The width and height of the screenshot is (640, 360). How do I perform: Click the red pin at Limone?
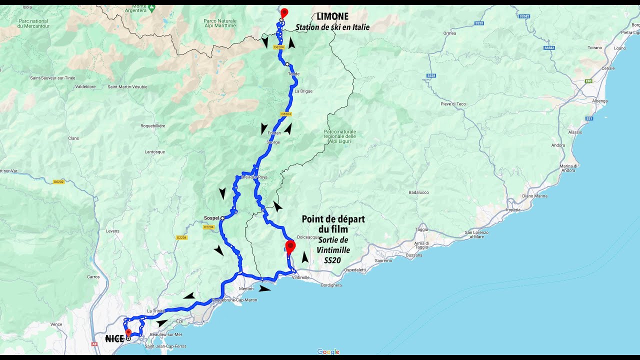(x=284, y=13)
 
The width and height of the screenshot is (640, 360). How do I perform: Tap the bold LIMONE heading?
(x=332, y=16)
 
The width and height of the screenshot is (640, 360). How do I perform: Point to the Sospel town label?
(x=211, y=218)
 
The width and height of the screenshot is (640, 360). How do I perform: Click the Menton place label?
(x=247, y=288)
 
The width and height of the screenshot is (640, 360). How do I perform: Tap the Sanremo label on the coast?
(x=383, y=260)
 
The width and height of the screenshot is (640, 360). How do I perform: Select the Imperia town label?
(x=513, y=209)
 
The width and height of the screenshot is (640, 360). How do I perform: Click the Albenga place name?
(x=599, y=101)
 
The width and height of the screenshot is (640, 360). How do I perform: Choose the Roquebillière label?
(x=153, y=125)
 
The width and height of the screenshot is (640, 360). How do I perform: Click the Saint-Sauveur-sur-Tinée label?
(x=52, y=78)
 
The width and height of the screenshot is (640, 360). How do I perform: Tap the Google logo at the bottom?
(x=328, y=352)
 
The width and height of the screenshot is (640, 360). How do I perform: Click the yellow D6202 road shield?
(x=59, y=181)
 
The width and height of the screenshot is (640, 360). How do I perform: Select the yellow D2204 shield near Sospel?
(x=209, y=227)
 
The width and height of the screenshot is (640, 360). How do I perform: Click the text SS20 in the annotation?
(x=332, y=260)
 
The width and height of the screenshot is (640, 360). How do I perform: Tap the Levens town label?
(x=112, y=231)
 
